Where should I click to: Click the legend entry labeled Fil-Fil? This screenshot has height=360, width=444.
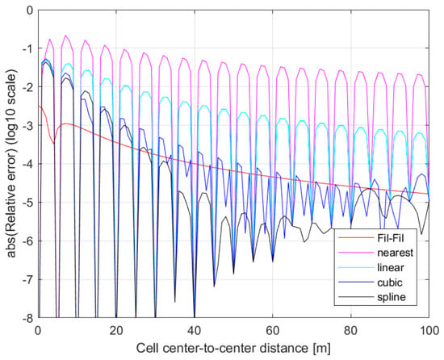pos(391,237)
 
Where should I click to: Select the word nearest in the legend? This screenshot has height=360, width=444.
pos(395,253)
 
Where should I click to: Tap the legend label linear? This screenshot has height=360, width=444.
pos(391,267)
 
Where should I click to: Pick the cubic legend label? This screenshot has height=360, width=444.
pos(390,283)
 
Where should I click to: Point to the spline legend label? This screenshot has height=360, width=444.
pos(392,298)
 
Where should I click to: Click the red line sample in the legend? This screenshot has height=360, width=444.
pos(356,237)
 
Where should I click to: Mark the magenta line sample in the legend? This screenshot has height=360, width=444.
pos(356,253)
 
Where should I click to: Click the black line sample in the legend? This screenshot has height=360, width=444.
pos(356,297)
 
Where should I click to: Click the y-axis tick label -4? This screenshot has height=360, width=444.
pos(27,164)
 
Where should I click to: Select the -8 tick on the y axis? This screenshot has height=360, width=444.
pos(27,318)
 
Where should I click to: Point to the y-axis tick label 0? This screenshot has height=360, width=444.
pos(31,10)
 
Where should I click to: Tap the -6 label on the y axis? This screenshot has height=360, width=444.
pos(27,241)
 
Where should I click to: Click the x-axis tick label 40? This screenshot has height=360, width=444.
pos(195,331)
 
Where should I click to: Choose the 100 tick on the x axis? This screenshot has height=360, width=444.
pos(429,331)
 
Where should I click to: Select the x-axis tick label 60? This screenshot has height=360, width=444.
pos(272,331)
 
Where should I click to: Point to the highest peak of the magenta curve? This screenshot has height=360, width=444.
pos(65,36)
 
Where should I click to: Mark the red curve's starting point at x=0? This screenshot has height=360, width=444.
pos(39,106)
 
